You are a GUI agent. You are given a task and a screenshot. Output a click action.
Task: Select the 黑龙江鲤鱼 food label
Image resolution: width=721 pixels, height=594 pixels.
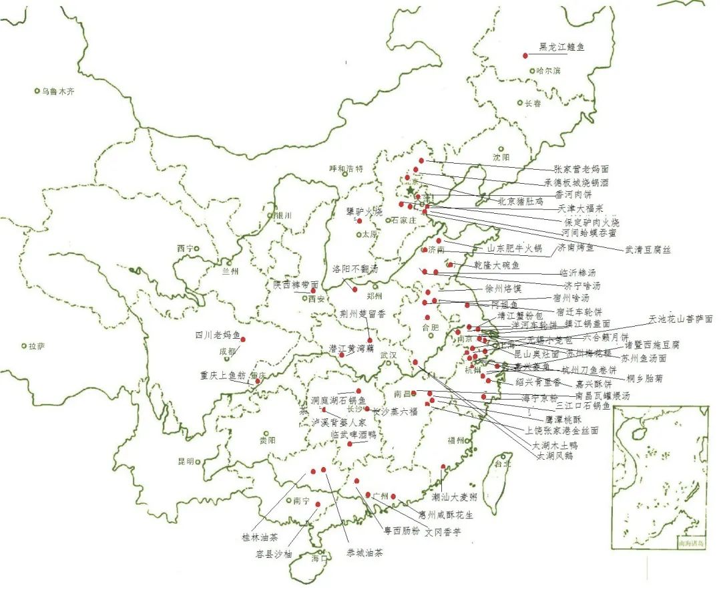(x=562, y=47)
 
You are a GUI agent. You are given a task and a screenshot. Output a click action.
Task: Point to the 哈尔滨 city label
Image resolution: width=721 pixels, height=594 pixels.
(x=547, y=71)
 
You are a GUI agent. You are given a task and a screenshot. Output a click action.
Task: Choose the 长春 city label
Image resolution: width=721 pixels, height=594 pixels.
(x=533, y=104)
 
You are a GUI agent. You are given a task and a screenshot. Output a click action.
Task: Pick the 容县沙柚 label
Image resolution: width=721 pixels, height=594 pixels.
(x=274, y=553)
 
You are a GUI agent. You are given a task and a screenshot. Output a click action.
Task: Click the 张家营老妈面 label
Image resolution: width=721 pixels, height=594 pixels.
(x=581, y=170)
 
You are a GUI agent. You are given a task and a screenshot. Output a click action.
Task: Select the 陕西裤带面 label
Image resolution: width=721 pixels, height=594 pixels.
(x=296, y=285)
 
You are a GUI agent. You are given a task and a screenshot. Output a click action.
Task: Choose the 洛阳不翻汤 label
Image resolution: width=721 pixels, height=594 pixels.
(x=355, y=269)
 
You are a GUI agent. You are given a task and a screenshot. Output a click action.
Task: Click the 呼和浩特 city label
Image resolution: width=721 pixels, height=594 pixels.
(x=346, y=169)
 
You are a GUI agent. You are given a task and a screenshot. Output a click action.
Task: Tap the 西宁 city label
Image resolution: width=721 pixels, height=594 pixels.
(x=185, y=249)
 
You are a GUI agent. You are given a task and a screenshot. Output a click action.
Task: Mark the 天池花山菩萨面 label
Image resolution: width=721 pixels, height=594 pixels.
(x=680, y=319)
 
